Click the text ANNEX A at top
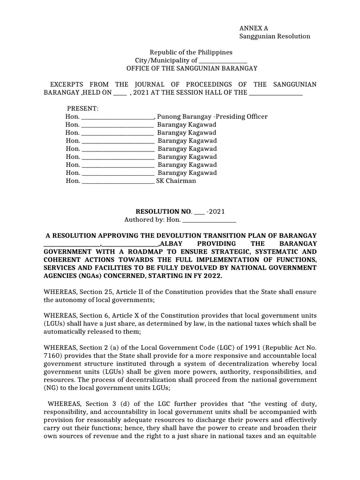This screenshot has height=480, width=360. (x=254, y=28)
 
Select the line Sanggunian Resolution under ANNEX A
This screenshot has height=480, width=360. (x=275, y=37)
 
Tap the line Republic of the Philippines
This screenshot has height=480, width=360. (x=191, y=52)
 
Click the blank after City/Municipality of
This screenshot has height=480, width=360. (x=223, y=61)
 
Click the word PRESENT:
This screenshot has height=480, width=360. (x=82, y=109)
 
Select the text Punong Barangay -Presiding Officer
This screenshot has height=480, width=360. (x=212, y=117)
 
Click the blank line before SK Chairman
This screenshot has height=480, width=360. (x=118, y=181)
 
